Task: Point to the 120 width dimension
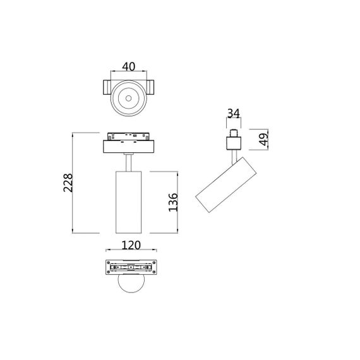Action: (x=131, y=246)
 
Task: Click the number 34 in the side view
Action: (x=232, y=114)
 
